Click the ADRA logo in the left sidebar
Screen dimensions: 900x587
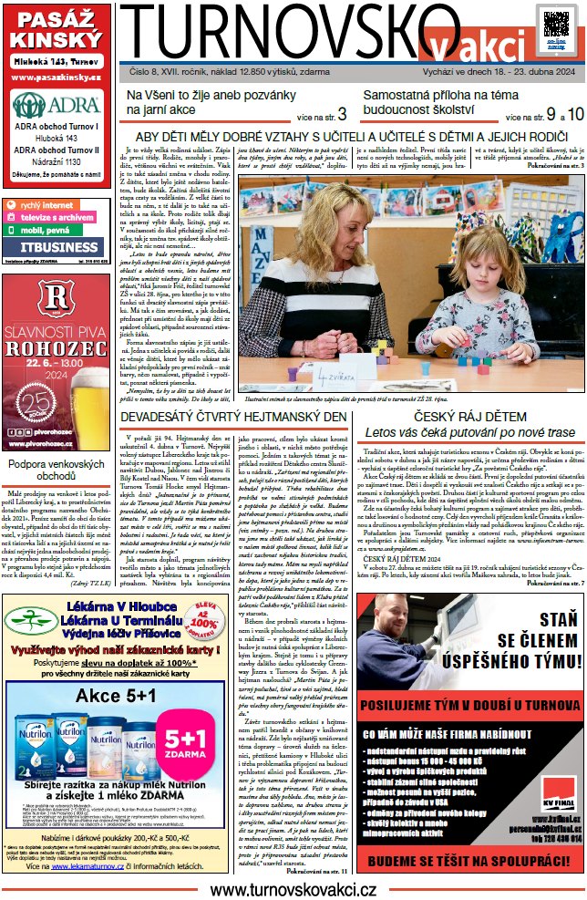pos(56,105)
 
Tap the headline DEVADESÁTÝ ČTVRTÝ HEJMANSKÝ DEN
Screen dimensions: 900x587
pos(234,417)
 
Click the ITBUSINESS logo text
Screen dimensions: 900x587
pos(56,247)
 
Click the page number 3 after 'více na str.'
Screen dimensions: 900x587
pos(342,114)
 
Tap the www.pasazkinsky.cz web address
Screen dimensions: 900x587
pos(56,78)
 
